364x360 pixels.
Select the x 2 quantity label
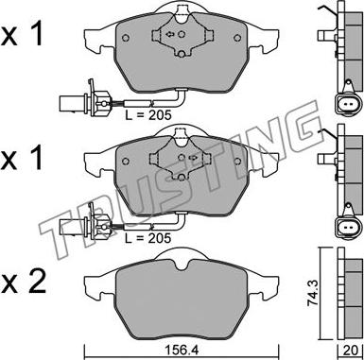[x=23, y=281]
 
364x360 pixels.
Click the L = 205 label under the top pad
[x=148, y=114]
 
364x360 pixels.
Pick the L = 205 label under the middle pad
[x=148, y=237]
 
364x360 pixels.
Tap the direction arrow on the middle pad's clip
[x=192, y=157]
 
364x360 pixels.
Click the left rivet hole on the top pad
[x=126, y=38]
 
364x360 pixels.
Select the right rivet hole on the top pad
[x=237, y=38]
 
